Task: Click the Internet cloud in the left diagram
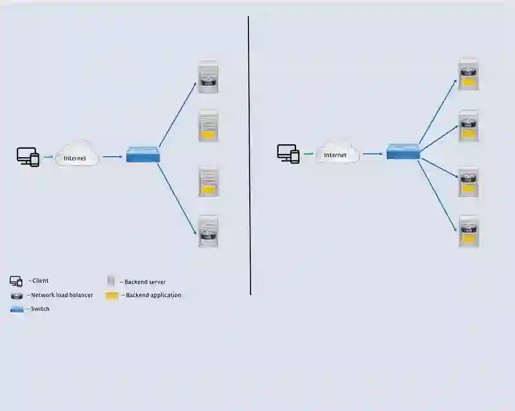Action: (x=77, y=155)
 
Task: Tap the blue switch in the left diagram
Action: (x=143, y=155)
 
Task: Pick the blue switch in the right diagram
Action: (x=403, y=152)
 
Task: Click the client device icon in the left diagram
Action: (x=28, y=157)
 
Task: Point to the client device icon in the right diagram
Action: (x=288, y=153)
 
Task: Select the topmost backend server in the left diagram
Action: (x=208, y=77)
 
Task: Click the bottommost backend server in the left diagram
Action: (x=208, y=232)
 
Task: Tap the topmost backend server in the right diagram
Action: (x=468, y=74)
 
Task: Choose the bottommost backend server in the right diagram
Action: (x=468, y=231)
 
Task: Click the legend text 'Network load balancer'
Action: (x=62, y=295)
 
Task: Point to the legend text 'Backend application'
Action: (x=153, y=295)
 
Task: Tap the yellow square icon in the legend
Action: (x=112, y=296)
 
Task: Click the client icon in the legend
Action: (x=16, y=282)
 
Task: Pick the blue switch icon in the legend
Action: (x=17, y=309)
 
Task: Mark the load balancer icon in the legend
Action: (x=17, y=296)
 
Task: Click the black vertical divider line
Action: (x=249, y=155)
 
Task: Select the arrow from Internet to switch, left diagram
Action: (x=112, y=156)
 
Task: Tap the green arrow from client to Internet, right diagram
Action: (x=308, y=154)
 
